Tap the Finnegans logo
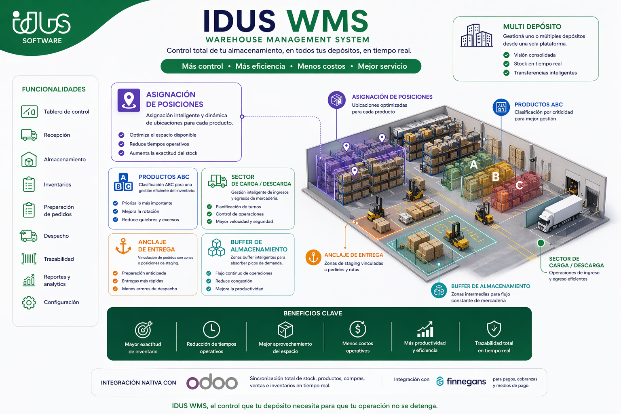click(x=461, y=382)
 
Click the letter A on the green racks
click(x=474, y=165)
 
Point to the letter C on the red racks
click(x=519, y=185)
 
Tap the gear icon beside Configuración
click(x=29, y=302)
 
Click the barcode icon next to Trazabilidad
click(x=29, y=259)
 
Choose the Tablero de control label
click(x=67, y=112)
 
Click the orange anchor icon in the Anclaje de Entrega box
click(x=123, y=246)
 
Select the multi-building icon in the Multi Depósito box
click(x=477, y=35)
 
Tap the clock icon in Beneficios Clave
click(x=211, y=330)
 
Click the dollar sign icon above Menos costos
click(x=358, y=329)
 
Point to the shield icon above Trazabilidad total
click(x=494, y=329)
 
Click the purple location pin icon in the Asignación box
click(x=129, y=100)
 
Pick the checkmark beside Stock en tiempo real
click(x=507, y=64)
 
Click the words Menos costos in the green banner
click(x=321, y=66)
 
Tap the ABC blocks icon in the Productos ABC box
click(x=123, y=182)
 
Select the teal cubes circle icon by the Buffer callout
click(x=439, y=290)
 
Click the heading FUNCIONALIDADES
click(x=54, y=89)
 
